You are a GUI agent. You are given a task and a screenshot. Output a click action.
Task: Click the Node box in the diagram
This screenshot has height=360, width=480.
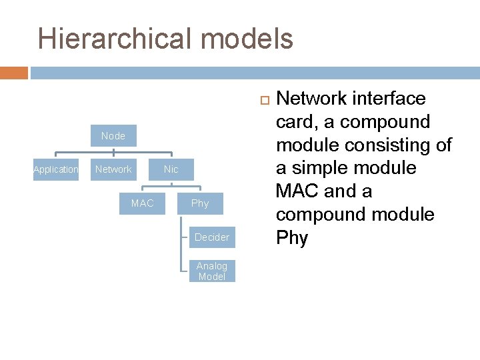coord(113,136)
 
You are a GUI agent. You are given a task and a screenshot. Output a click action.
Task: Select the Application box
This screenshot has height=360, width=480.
coord(56,169)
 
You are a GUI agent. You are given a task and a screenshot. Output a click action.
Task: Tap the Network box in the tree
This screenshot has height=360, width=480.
coord(113,169)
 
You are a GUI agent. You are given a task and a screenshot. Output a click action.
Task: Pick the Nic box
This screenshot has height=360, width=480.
coord(171,169)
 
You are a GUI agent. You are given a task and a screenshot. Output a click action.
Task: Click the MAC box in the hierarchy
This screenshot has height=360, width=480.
coord(142,203)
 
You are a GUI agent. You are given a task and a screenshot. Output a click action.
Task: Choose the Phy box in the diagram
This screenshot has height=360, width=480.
coord(200,203)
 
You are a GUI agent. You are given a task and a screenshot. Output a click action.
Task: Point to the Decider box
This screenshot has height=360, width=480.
coord(212,237)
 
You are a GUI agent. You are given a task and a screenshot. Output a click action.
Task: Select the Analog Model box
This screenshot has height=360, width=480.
coord(212,271)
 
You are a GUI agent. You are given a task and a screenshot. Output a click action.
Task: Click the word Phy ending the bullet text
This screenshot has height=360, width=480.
coord(292,238)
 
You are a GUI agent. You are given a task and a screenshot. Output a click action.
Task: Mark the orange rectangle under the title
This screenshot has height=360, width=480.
coord(14,73)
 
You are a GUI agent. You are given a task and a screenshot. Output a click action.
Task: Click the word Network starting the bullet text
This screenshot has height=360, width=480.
coord(311,99)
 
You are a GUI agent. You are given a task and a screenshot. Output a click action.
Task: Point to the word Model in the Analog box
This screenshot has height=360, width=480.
coord(212,276)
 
